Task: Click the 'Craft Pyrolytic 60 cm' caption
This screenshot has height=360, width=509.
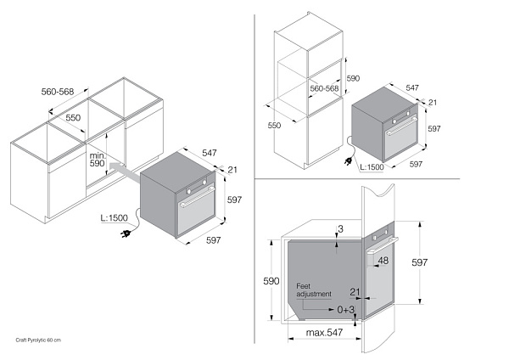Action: [38, 340]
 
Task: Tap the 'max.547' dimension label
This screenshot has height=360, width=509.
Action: [324, 332]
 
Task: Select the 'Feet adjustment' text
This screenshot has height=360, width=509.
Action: [314, 290]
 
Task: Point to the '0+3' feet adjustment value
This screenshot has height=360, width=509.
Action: [346, 310]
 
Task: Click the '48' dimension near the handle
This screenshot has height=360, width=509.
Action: [383, 261]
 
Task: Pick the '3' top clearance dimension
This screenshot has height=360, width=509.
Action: [340, 229]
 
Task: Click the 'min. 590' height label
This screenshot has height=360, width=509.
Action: [98, 160]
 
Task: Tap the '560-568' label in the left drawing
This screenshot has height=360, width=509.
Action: [58, 92]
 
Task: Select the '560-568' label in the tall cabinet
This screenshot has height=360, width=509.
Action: [324, 88]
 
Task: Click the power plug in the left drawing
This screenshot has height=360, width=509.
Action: [126, 233]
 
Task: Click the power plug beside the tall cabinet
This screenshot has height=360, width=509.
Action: [350, 161]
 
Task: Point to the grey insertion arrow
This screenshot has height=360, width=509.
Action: [125, 172]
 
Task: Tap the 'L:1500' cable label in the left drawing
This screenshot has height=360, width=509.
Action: [115, 217]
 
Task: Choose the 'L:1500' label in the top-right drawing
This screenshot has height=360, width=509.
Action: [372, 167]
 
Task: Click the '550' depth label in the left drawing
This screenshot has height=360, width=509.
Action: [73, 117]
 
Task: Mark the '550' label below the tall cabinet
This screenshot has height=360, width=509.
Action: [274, 125]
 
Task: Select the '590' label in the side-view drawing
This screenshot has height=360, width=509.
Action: [271, 281]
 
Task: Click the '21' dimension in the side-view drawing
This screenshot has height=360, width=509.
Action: [355, 292]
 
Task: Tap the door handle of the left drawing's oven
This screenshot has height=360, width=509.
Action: [197, 198]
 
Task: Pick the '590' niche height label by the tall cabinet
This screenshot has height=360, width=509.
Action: [353, 78]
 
